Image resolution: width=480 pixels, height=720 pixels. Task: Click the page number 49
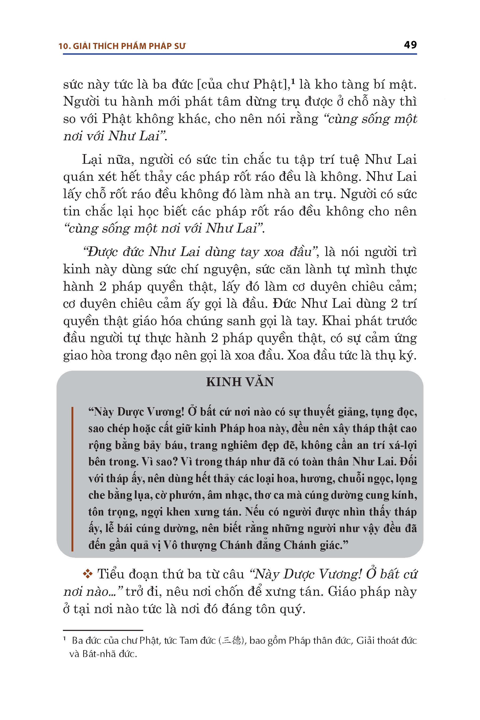[x=410, y=45]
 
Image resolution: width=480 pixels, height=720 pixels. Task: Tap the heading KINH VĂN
[x=240, y=382]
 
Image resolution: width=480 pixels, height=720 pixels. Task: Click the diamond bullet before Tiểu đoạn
[x=87, y=574]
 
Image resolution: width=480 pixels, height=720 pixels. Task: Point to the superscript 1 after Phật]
[x=293, y=81]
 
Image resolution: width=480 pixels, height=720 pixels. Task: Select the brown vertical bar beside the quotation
[x=73, y=479]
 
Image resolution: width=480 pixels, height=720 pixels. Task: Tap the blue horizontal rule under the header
[x=240, y=54]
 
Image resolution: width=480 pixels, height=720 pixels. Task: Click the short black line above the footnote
[x=103, y=630]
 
